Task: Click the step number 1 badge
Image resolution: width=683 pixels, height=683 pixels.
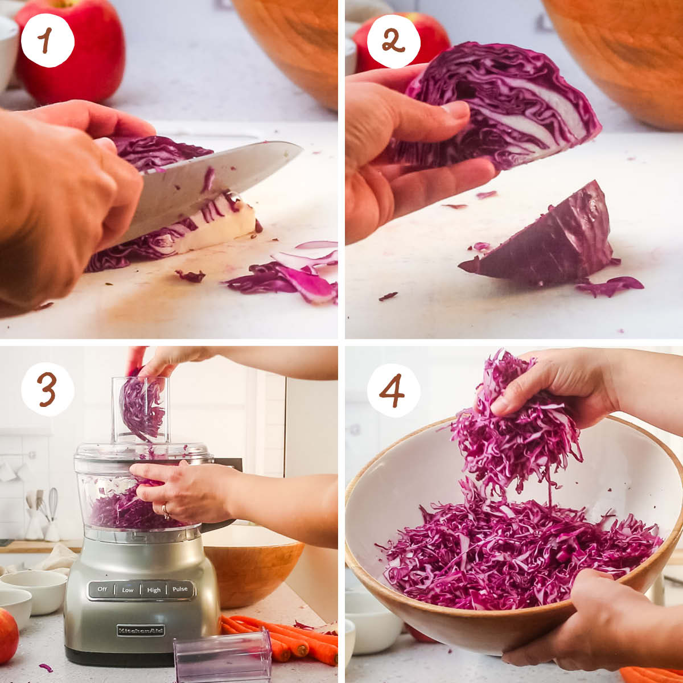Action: (x=47, y=40)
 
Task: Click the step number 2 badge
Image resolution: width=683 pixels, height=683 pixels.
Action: (x=393, y=40)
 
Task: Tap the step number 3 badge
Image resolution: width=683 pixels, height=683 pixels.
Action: (x=47, y=389)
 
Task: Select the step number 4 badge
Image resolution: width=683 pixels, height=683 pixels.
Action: (x=393, y=389)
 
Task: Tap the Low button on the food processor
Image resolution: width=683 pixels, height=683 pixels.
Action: (x=127, y=590)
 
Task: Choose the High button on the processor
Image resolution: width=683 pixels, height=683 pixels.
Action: (x=154, y=590)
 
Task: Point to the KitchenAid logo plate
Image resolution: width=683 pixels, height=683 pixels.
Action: (x=141, y=630)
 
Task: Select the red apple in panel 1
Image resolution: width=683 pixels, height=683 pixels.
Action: (x=71, y=51)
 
